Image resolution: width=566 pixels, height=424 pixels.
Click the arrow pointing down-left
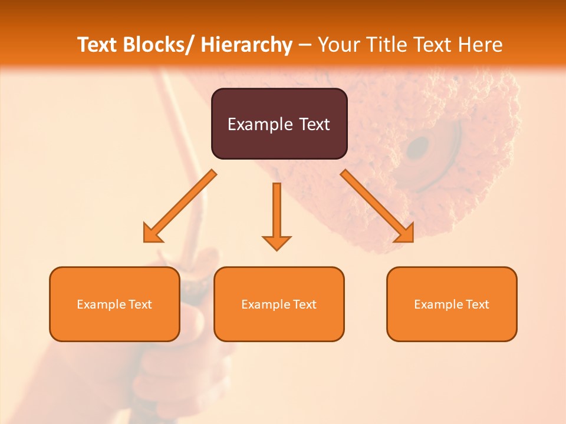[x=180, y=207]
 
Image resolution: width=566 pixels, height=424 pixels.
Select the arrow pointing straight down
[x=277, y=216]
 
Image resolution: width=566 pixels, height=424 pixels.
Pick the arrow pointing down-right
[x=377, y=206]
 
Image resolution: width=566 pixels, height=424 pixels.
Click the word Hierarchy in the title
[x=246, y=45]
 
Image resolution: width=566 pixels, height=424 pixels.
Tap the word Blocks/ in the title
[x=161, y=45]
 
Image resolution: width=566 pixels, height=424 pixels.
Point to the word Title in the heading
[x=387, y=45]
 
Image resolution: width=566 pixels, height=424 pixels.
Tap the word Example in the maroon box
[x=259, y=124]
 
